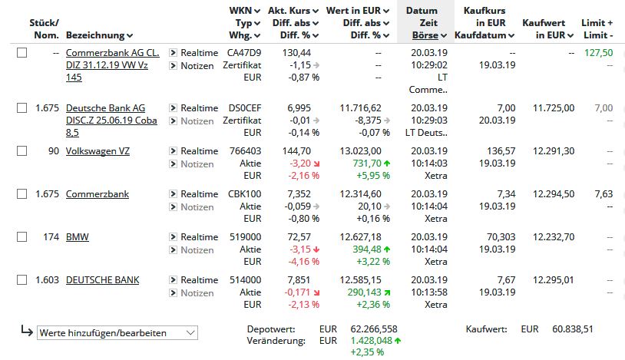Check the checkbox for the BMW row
22,237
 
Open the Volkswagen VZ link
98,151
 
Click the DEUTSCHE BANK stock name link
102,280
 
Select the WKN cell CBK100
244,194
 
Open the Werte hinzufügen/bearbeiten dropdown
117,333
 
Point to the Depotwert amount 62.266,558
374,329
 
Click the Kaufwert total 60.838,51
572,329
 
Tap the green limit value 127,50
599,53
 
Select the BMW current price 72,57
299,237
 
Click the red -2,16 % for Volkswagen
304,176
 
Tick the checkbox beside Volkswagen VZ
22,151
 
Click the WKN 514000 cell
245,280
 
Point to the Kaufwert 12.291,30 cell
554,151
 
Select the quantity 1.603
47,280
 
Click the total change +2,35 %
367,352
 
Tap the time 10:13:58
429,292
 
